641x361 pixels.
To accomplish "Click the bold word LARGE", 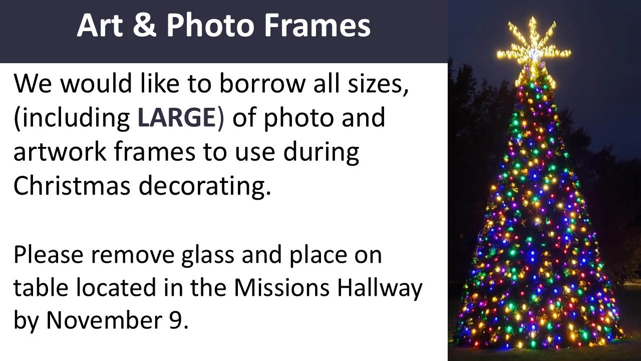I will [176, 118].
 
